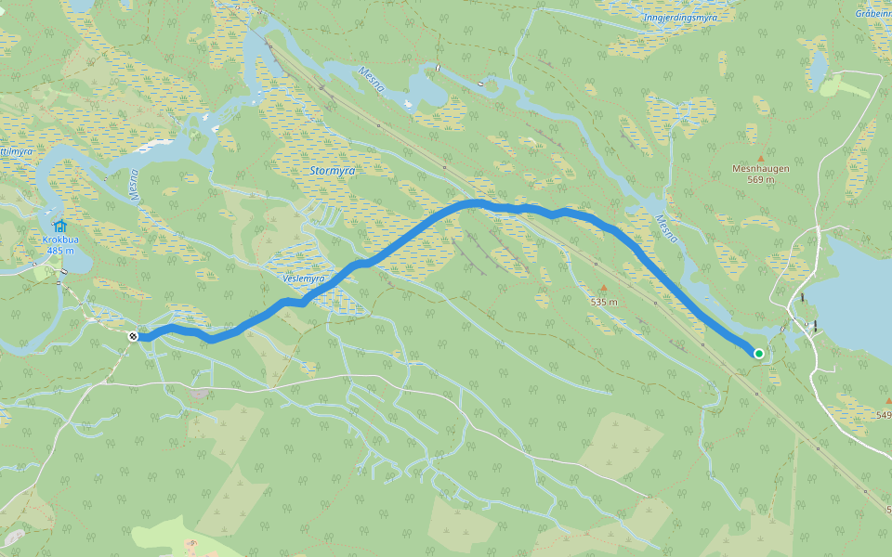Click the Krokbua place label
pos(59,240)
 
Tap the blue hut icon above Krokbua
pos(59,226)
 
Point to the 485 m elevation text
pos(59,251)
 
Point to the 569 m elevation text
pos(760,180)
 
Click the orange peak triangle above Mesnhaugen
pos(760,158)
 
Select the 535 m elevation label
pos(603,302)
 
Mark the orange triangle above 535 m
pos(603,289)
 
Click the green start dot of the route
pos(759,353)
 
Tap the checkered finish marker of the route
pos(134,336)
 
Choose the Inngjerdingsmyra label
pos(681,17)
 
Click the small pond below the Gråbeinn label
pos(818,65)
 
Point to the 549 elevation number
pos(883,415)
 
